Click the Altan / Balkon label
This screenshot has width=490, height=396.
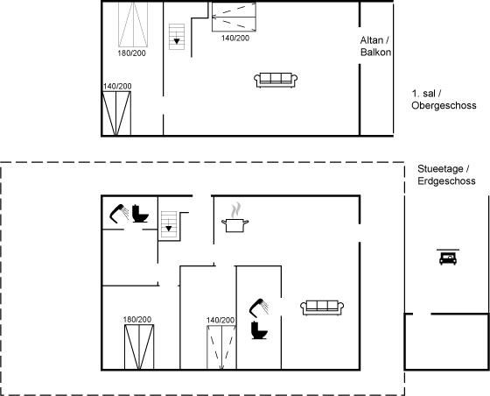pyautogui.click(x=375, y=46)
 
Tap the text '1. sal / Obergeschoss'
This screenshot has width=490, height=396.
pyautogui.click(x=444, y=100)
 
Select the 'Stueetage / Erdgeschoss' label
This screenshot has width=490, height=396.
pyautogui.click(x=446, y=175)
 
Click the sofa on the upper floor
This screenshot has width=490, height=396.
pyautogui.click(x=276, y=80)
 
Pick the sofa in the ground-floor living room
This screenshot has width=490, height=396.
pyautogui.click(x=322, y=308)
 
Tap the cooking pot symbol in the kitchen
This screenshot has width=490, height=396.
pyautogui.click(x=235, y=225)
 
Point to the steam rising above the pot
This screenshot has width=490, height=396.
pyautogui.click(x=236, y=210)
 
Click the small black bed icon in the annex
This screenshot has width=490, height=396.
pyautogui.click(x=448, y=257)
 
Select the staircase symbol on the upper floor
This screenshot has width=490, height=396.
pyautogui.click(x=177, y=37)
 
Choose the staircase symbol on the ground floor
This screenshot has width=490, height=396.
pyautogui.click(x=169, y=224)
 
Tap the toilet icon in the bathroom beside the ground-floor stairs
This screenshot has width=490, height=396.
pyautogui.click(x=140, y=214)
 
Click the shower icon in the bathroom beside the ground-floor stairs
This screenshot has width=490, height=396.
pyautogui.click(x=119, y=214)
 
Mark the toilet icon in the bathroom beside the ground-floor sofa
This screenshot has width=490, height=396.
pyautogui.click(x=259, y=330)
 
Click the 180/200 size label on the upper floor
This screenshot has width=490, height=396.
pyautogui.click(x=131, y=53)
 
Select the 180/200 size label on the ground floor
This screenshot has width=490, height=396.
pyautogui.click(x=137, y=320)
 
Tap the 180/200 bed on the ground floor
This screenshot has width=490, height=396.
pyautogui.click(x=139, y=347)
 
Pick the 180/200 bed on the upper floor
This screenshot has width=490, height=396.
pyautogui.click(x=133, y=25)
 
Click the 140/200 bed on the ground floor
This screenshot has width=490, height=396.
pyautogui.click(x=221, y=348)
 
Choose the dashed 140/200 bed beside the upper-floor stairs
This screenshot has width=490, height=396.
pyautogui.click(x=234, y=17)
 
